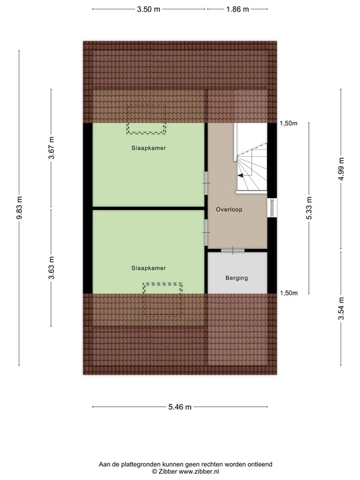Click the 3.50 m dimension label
pyautogui.click(x=148, y=9)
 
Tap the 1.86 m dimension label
pyautogui.click(x=237, y=9)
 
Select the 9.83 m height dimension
pyautogui.click(x=19, y=209)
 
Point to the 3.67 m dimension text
pyautogui.click(x=52, y=148)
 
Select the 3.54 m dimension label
pyautogui.click(x=341, y=309)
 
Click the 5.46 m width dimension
pyautogui.click(x=180, y=407)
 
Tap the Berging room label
pyautogui.click(x=237, y=277)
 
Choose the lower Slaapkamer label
pyautogui.click(x=149, y=267)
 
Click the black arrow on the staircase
pyautogui.click(x=241, y=176)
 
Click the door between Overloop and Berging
pyautogui.click(x=232, y=250)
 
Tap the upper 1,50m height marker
pyautogui.click(x=288, y=124)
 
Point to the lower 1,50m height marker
pyautogui.click(x=288, y=292)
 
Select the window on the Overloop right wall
pyautogui.click(x=271, y=208)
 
